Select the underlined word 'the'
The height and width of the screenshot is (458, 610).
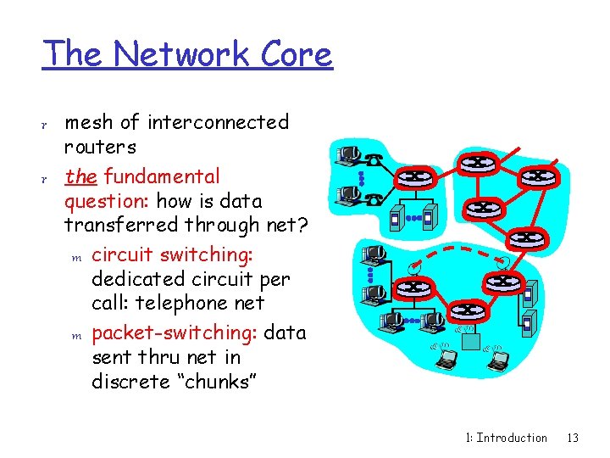[80, 176]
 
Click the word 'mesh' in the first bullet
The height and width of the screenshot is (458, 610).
[89, 122]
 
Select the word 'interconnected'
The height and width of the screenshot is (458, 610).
[219, 122]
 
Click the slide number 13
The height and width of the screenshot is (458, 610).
[573, 438]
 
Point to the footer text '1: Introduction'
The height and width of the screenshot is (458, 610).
[507, 438]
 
